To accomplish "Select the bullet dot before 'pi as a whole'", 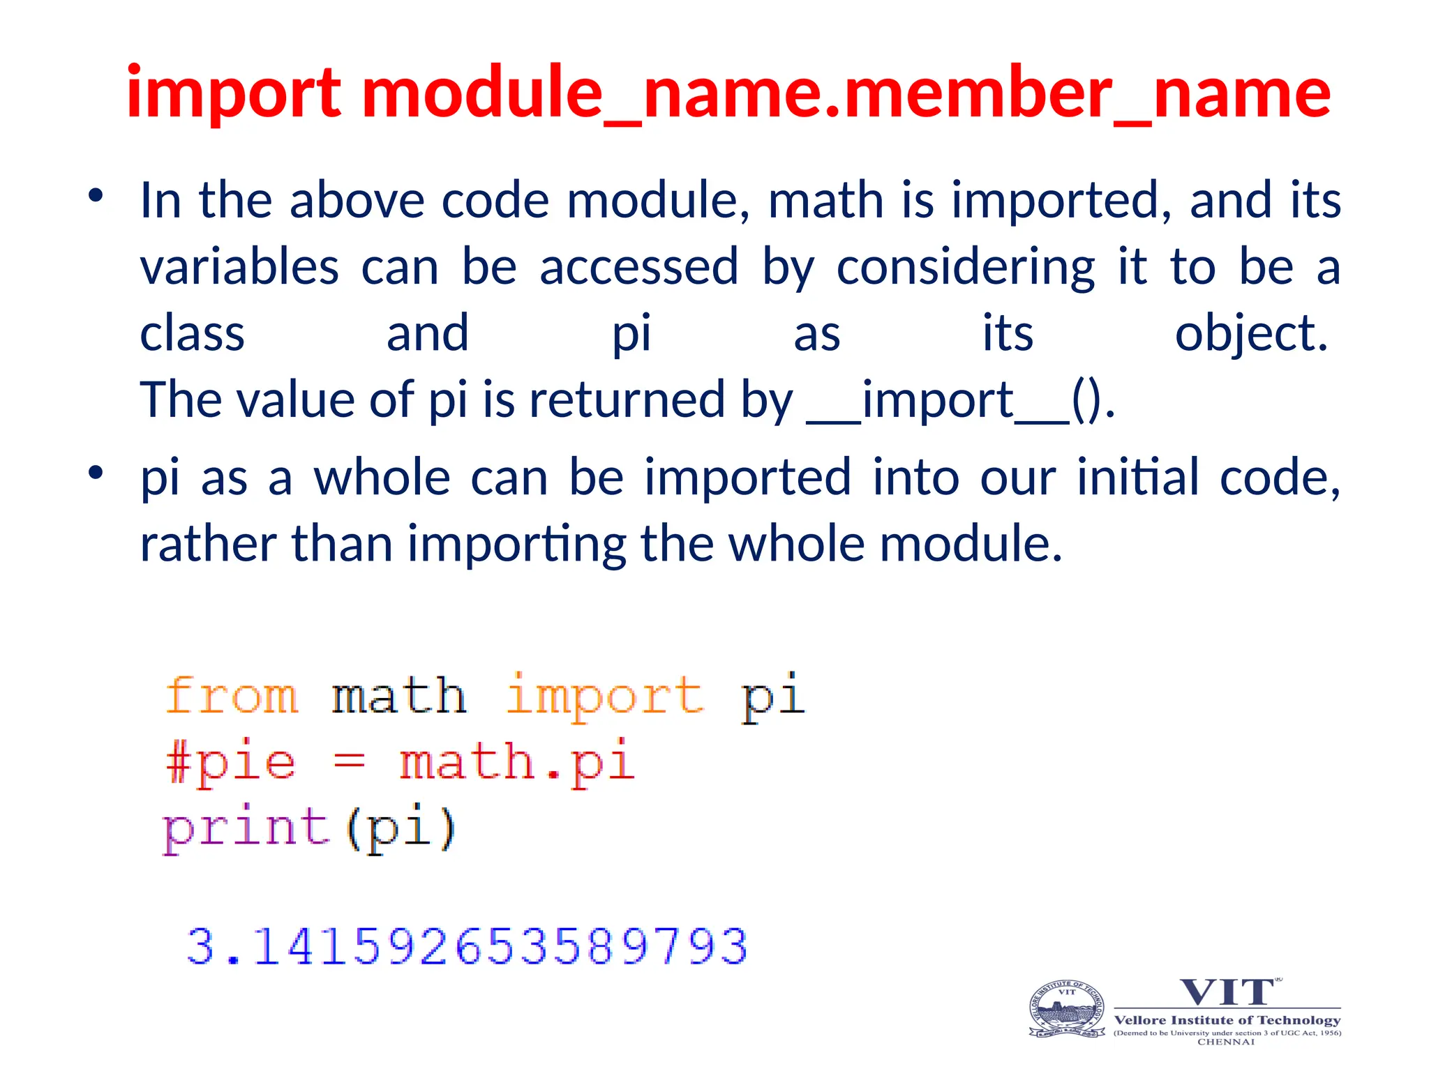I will point(96,473).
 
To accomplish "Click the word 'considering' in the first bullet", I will point(966,267).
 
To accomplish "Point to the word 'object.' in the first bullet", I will point(1251,334).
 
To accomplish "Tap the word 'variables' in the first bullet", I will point(239,267).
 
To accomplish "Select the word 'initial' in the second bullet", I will point(1137,478).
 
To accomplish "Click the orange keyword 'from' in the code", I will point(232,696).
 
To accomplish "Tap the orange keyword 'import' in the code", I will point(604,696).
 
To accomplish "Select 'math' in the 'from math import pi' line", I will point(398,696).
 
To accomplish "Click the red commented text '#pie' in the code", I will point(230,762).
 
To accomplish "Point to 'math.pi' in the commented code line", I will point(516,762).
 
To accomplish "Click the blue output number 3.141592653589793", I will point(467,947).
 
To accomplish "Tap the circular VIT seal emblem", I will point(1067,1010).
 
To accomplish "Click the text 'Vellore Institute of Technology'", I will point(1227,1020).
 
